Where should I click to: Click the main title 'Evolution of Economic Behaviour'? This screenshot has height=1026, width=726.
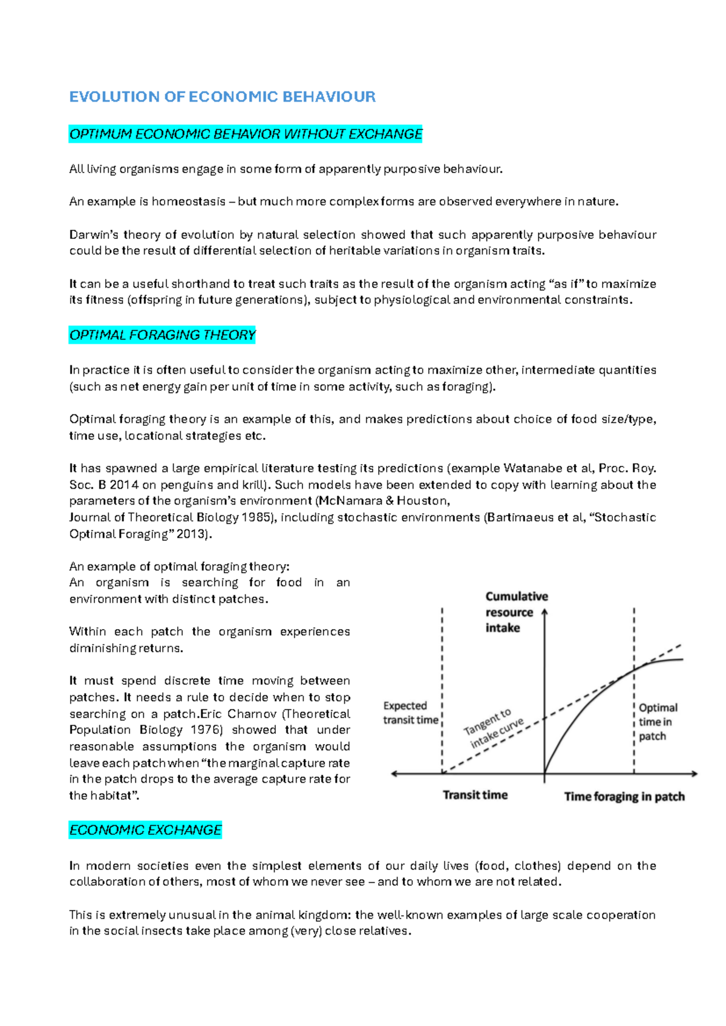222,97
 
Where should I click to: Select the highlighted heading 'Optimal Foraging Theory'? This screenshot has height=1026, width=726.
162,335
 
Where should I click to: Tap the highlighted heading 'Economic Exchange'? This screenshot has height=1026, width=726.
145,830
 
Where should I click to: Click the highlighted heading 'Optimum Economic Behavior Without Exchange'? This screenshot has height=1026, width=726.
246,134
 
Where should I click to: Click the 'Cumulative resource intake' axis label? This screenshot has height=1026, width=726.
516,612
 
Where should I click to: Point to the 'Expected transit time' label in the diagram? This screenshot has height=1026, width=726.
410,713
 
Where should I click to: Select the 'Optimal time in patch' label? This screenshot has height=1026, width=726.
658,722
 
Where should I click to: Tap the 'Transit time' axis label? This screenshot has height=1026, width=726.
475,795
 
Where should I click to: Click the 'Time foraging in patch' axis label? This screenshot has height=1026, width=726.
624,796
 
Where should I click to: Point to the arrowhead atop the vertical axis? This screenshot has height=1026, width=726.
544,612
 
